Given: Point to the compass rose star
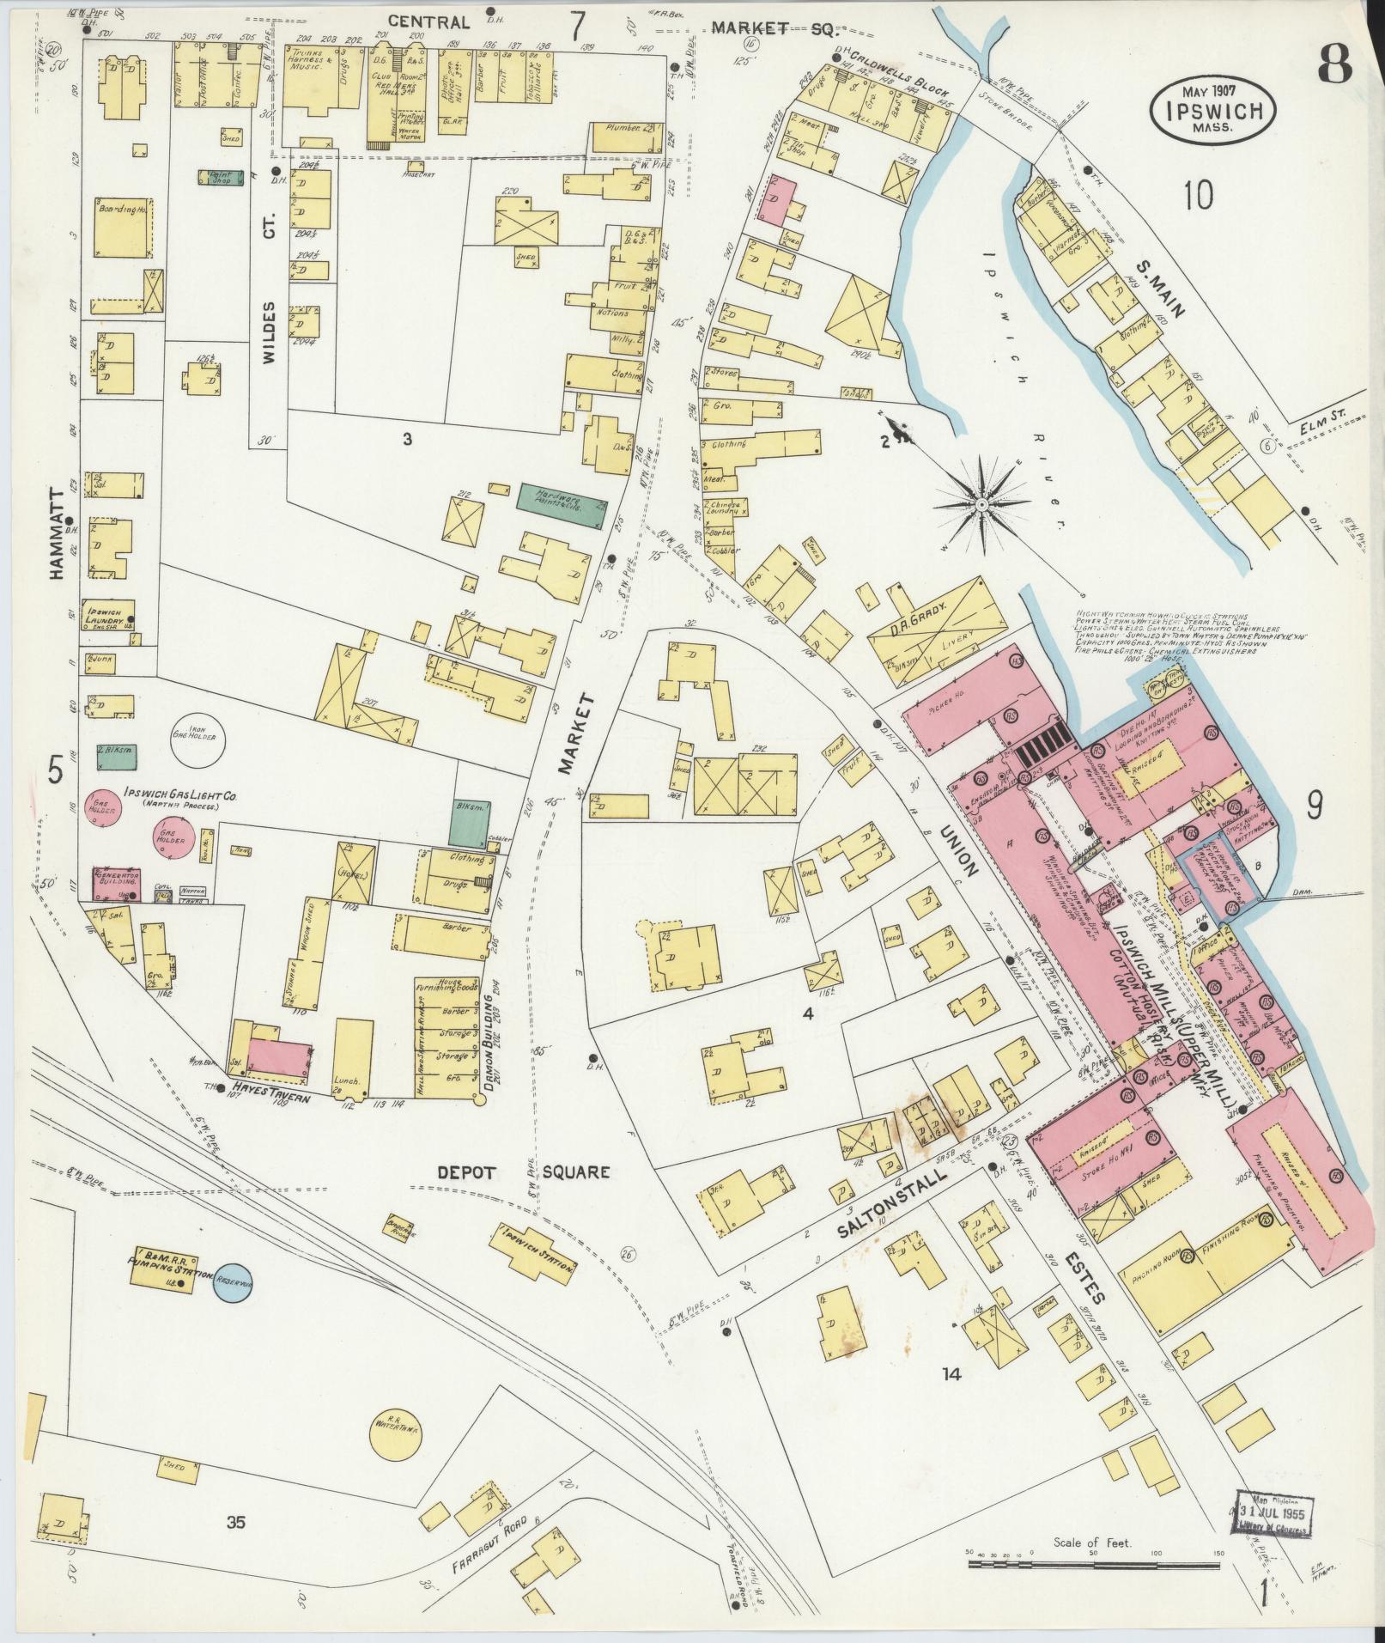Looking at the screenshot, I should (x=980, y=502).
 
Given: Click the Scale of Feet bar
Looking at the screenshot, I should (x=1094, y=1565).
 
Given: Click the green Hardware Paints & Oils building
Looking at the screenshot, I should (x=562, y=497).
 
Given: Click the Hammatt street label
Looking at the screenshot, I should (x=57, y=533).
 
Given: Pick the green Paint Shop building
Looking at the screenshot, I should (x=219, y=177).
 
